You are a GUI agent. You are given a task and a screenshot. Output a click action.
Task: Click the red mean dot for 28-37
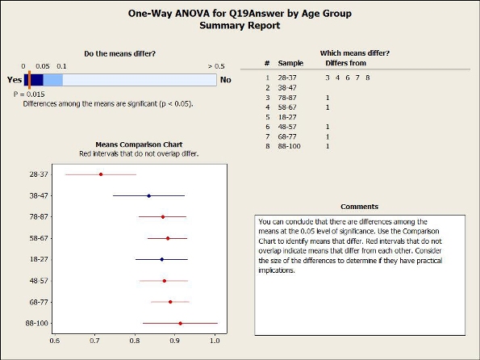pos(101,174)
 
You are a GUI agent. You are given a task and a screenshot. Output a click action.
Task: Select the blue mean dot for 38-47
pos(148,196)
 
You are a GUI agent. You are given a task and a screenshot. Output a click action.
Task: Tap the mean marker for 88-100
pos(181,323)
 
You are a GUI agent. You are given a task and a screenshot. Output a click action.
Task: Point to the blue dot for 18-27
pos(162,259)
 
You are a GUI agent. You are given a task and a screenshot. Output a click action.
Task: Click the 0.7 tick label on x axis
pos(95,341)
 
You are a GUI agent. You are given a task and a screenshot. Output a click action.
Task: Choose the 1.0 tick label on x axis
pos(215,341)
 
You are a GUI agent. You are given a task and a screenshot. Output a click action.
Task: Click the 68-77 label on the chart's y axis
pos(39,302)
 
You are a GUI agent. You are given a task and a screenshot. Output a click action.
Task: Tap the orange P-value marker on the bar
pos(29,80)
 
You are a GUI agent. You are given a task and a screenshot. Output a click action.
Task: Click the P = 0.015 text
pos(29,94)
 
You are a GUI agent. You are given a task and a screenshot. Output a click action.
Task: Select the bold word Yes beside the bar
pos(15,80)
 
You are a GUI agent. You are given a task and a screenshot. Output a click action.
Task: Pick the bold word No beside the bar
pos(226,80)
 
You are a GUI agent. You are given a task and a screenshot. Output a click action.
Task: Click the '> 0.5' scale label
pos(216,66)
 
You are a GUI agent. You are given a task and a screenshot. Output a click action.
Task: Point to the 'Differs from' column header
pos(345,63)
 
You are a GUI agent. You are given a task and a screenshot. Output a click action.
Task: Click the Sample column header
pos(290,63)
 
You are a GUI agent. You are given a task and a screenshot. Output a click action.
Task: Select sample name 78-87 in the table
pos(287,98)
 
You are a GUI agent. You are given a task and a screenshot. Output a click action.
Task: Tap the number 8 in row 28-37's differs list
pos(368,77)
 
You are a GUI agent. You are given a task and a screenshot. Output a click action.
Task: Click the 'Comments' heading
pos(359,207)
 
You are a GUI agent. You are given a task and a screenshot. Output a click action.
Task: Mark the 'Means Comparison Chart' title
pos(139,144)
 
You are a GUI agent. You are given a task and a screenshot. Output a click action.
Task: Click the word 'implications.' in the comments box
pos(277,270)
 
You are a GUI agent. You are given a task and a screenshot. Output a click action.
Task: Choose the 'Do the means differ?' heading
pos(120,53)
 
